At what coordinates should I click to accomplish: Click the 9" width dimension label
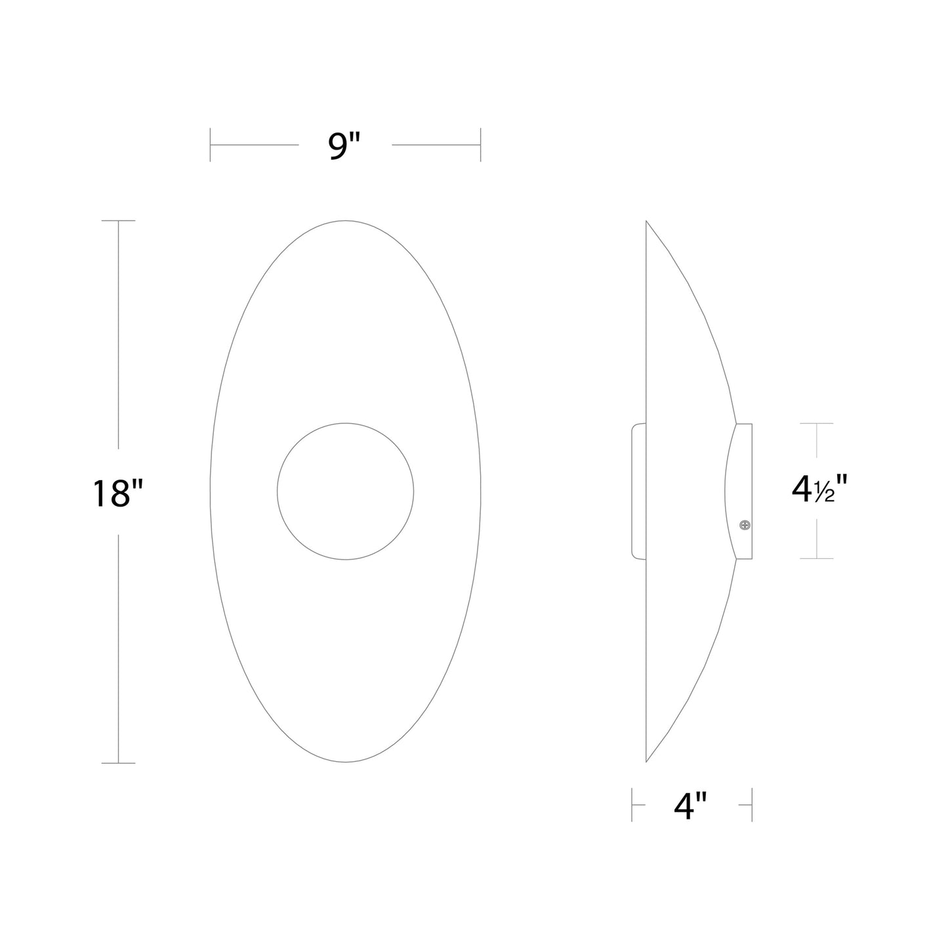(x=345, y=146)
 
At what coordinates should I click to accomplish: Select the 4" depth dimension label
(x=691, y=806)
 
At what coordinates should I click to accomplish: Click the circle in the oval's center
(x=345, y=491)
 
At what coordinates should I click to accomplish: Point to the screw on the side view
(x=744, y=524)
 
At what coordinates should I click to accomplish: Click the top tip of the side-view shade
(x=647, y=222)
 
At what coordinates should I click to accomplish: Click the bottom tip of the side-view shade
(x=647, y=761)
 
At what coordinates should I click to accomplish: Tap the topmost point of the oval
(x=346, y=221)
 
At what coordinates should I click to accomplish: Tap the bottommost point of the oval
(x=346, y=762)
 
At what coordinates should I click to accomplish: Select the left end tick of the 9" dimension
(x=210, y=144)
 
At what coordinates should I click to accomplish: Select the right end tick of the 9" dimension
(x=481, y=144)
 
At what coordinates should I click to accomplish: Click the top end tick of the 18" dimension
(x=118, y=221)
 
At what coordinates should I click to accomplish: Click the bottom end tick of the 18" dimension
(x=118, y=763)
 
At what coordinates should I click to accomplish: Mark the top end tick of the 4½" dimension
(x=816, y=424)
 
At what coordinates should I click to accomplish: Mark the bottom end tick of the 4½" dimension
(x=816, y=559)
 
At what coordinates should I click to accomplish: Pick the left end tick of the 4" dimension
(x=632, y=805)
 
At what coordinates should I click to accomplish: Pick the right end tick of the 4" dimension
(x=752, y=805)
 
